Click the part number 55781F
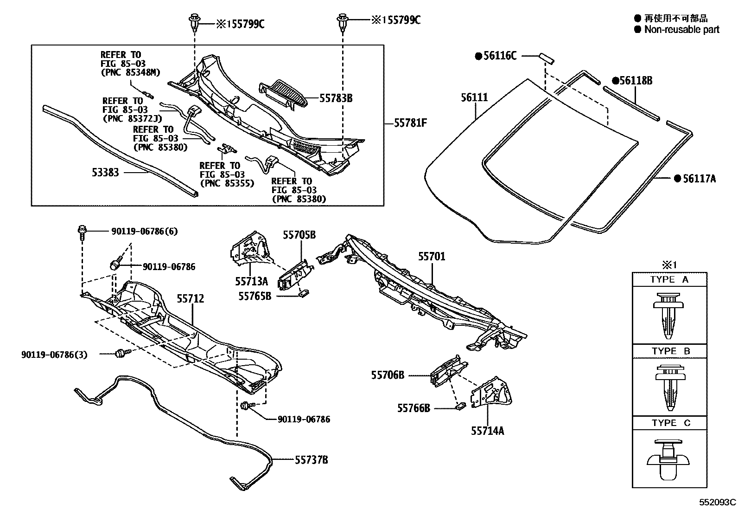(410, 123)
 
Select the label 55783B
(336, 98)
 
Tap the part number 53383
(105, 173)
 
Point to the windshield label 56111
(474, 97)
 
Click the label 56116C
(499, 56)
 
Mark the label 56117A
(699, 178)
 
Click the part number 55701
(432, 257)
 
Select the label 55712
(190, 298)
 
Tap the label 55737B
(312, 460)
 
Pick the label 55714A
(487, 431)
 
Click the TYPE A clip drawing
(669, 315)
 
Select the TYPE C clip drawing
(669, 459)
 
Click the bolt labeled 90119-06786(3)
(121, 354)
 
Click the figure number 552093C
(718, 502)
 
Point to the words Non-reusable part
(682, 30)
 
